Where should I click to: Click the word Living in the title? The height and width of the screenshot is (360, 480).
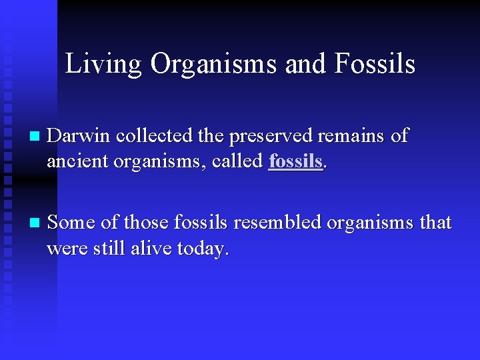103,64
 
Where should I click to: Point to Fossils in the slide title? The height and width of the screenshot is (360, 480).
375,64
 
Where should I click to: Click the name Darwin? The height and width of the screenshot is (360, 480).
79,136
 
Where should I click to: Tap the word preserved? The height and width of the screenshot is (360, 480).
272,136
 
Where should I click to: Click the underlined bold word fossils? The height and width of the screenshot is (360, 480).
295,162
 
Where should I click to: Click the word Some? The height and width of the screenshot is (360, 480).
72,222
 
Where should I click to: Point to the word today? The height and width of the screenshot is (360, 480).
206,249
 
